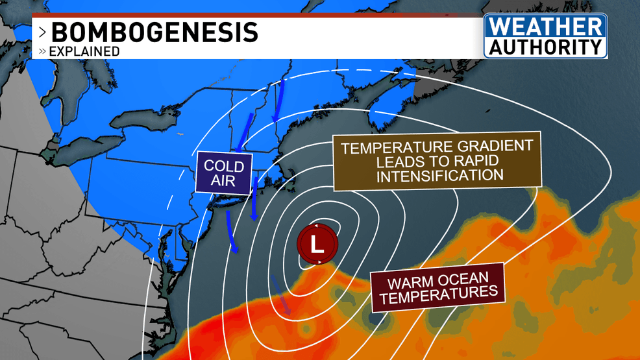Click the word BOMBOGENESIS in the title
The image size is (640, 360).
[154, 32]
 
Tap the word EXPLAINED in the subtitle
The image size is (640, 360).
[84, 51]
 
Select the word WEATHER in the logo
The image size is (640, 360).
[545, 27]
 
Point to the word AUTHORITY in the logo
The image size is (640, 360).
[545, 47]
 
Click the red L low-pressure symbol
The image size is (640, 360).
[317, 245]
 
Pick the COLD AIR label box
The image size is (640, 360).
[224, 173]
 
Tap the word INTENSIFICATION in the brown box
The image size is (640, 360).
[440, 176]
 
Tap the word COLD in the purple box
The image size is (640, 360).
[224, 166]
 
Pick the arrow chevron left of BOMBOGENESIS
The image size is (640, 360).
[42, 32]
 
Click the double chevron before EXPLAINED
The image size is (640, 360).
[42, 51]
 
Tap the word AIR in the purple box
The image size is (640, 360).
[223, 181]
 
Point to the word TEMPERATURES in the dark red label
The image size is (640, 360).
[441, 295]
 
